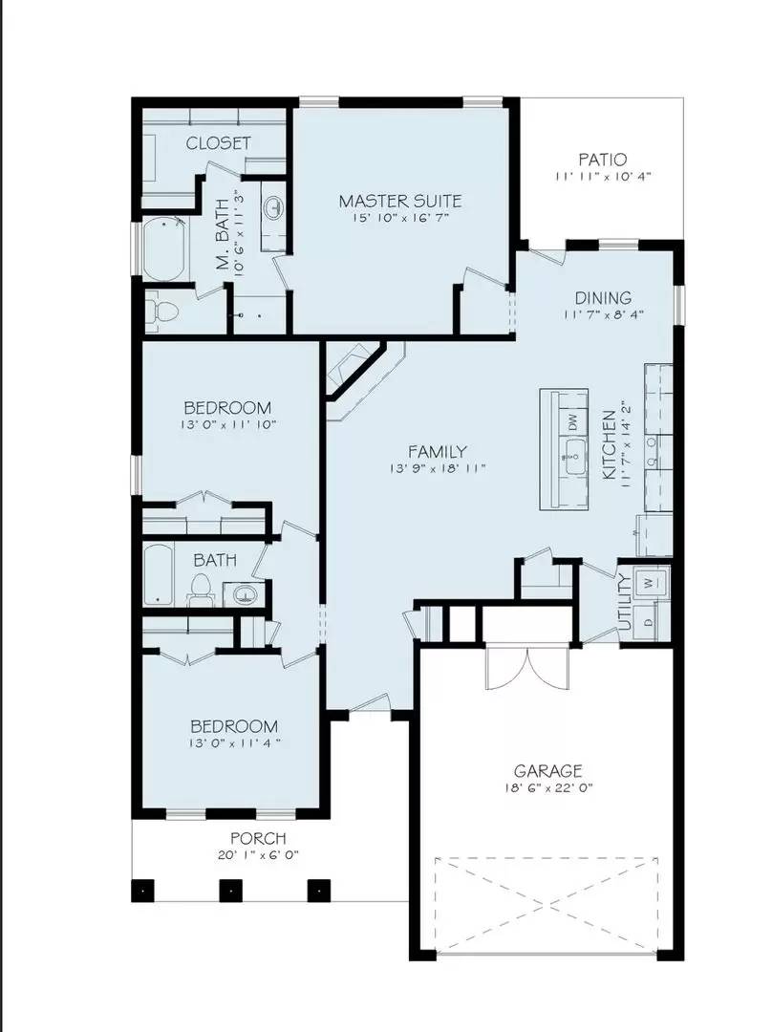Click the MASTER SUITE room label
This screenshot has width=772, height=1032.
[400, 201]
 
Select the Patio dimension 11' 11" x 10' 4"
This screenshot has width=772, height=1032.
[603, 177]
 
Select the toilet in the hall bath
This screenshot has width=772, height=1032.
[202, 590]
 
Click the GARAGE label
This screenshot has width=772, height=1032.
[547, 771]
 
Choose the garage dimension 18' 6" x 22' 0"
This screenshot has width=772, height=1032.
[547, 789]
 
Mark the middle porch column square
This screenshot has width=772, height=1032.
[229, 891]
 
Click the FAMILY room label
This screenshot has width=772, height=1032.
[438, 451]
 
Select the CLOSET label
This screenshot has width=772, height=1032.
[219, 142]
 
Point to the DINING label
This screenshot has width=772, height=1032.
[603, 298]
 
